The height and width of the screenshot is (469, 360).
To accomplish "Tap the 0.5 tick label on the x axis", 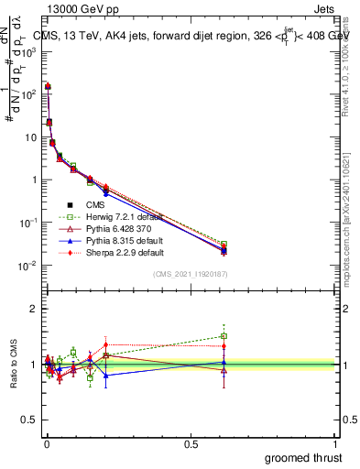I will point(191,444).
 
